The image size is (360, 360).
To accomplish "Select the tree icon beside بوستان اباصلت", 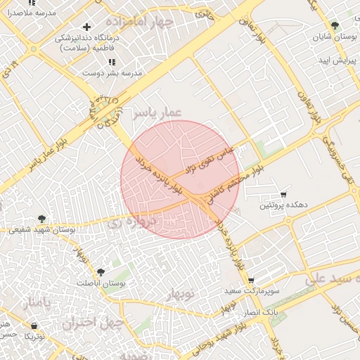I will point(101,271).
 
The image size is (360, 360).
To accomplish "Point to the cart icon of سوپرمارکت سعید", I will point(251,280).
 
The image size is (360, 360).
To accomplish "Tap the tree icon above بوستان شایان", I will point(334,25).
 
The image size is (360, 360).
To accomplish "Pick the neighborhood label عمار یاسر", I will point(159,112).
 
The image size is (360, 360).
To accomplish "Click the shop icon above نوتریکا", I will point(35,325).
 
